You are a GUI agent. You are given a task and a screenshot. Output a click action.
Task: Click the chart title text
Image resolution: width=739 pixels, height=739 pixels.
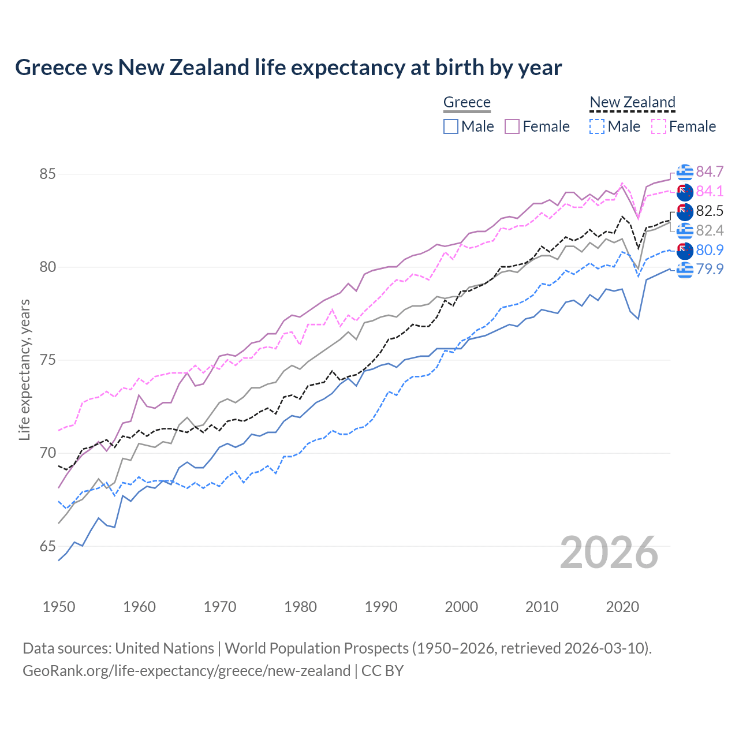pos(288,68)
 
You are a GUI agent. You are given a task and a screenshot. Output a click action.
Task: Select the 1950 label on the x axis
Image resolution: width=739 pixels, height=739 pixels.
pos(59,607)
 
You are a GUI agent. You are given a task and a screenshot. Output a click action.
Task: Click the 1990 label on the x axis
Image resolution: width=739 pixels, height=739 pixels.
pos(381,607)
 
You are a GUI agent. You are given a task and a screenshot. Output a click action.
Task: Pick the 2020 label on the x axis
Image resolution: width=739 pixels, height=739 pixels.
pos(622,607)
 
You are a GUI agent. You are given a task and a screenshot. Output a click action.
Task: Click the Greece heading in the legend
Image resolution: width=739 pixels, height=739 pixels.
pos(466,102)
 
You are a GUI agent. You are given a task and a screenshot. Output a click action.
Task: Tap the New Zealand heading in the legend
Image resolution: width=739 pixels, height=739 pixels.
pos(632,102)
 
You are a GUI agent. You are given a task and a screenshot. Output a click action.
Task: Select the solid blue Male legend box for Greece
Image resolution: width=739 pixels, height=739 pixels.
pos(451,126)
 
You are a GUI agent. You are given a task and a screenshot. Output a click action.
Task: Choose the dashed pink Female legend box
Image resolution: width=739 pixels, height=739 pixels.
pos(659,126)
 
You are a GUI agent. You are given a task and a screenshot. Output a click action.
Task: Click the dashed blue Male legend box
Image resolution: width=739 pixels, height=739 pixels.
pos(597,126)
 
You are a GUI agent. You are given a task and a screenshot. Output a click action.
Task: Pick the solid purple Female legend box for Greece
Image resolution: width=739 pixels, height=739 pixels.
pos(512,126)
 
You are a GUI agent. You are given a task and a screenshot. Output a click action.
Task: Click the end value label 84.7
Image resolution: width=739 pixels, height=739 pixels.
pos(710,172)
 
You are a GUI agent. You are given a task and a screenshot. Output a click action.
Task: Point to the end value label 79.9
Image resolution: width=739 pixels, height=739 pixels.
pos(710,269)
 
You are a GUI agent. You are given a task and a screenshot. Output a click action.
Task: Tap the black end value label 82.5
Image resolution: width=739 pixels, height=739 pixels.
pos(710,211)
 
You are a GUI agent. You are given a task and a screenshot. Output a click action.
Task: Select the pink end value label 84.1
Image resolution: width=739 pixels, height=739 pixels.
pos(710,191)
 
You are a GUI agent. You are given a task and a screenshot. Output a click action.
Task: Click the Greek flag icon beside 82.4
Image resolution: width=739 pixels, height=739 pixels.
pos(685,230)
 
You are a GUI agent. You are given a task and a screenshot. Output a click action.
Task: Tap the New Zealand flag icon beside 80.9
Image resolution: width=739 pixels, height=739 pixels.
pos(685,250)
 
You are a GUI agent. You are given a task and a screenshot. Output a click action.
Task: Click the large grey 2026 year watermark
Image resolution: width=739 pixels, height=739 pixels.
pos(609,553)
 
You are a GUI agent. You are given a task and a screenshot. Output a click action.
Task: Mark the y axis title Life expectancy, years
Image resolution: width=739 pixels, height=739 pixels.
pos(24,369)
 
